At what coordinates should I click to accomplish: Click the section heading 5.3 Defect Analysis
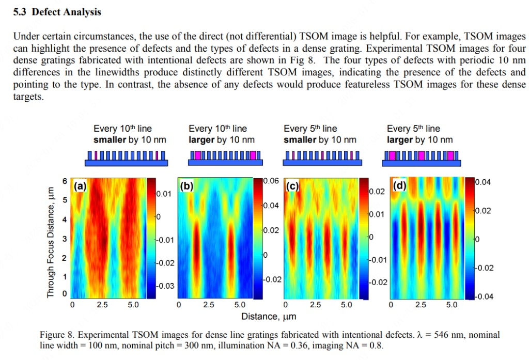point(57,12)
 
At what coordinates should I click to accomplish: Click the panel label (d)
point(400,185)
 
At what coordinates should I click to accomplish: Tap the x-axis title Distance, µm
point(264,316)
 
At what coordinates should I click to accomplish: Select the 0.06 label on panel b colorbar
point(271,181)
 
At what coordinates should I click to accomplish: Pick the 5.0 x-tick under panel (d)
point(452,305)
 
